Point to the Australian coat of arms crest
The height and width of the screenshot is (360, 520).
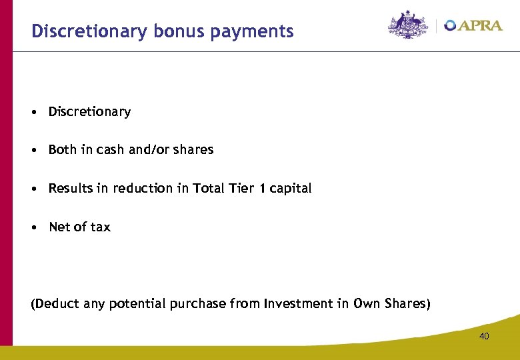click(408, 25)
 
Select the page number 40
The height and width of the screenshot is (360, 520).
click(483, 336)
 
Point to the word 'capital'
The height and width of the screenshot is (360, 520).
click(290, 189)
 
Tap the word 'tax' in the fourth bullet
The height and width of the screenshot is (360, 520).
click(101, 227)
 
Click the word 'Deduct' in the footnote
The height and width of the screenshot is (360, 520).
click(55, 304)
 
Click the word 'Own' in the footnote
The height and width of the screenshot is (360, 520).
click(366, 304)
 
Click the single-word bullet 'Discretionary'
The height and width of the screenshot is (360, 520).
click(89, 112)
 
